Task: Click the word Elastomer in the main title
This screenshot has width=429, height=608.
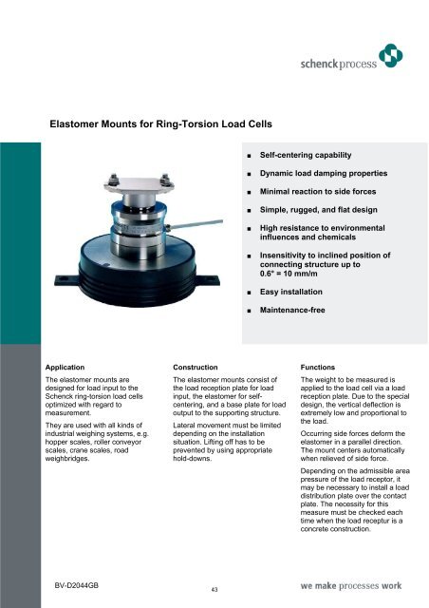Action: coord(83,123)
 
